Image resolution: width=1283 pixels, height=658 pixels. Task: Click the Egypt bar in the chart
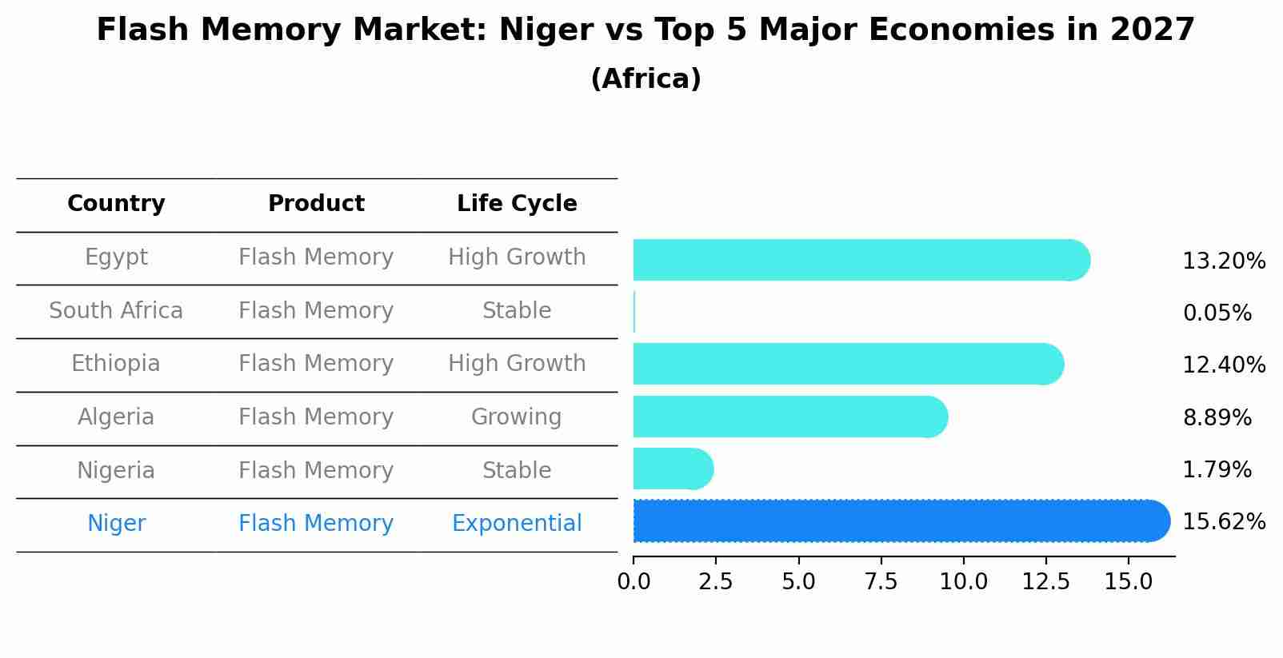click(860, 260)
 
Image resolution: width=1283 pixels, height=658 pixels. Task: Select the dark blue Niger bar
click(900, 521)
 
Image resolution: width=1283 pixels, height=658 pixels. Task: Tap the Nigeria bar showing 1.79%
click(672, 469)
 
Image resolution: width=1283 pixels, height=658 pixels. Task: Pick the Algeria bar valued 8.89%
click(789, 417)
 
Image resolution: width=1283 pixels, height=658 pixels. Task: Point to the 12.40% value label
click(1223, 365)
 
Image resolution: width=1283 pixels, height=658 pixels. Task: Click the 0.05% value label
click(1217, 313)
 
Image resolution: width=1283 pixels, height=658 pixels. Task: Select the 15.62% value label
click(1223, 522)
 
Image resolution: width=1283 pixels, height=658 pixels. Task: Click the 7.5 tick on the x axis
click(881, 582)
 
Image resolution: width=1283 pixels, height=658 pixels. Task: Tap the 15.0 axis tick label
click(1128, 582)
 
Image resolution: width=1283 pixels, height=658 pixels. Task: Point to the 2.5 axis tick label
click(715, 582)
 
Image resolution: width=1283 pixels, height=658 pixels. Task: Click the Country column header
click(116, 204)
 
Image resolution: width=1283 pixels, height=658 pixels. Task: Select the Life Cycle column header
click(517, 204)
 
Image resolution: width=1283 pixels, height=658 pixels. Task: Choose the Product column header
click(316, 204)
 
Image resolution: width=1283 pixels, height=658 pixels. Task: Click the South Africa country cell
click(116, 311)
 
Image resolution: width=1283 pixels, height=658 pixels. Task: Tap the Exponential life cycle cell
click(517, 524)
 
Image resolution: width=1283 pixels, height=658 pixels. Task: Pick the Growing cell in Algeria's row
click(517, 417)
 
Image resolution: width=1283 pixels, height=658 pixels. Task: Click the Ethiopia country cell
click(116, 364)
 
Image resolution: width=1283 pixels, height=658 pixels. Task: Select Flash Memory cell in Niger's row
click(316, 524)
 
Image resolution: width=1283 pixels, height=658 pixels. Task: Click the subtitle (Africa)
click(645, 79)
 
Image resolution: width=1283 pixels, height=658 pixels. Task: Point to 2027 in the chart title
click(1152, 30)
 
